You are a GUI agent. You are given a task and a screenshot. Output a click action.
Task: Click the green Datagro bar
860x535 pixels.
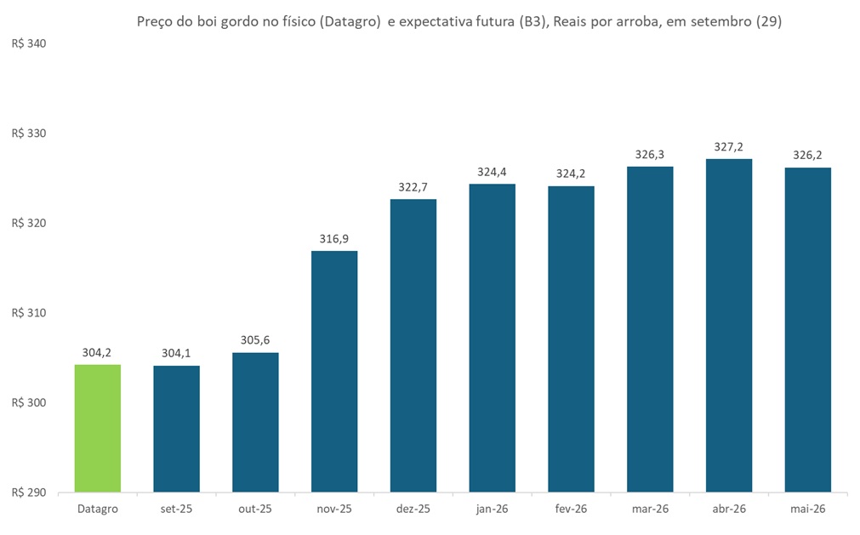tap(98, 428)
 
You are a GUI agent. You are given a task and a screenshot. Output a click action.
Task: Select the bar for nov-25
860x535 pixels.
tap(334, 371)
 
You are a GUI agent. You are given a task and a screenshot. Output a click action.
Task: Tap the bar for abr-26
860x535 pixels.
tap(729, 325)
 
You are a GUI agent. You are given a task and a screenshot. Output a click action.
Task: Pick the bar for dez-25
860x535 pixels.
tap(413, 345)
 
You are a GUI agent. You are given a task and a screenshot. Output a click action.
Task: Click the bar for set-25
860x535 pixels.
tap(176, 429)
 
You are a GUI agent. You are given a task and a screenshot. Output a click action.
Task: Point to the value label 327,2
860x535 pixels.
tap(729, 146)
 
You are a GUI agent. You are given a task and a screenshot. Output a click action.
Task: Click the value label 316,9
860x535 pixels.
tap(334, 239)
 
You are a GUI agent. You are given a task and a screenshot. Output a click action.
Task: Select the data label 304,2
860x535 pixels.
tap(98, 352)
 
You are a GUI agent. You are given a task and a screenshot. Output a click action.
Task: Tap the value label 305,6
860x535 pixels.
tap(255, 340)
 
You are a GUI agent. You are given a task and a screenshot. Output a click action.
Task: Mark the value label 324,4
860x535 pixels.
tap(493, 172)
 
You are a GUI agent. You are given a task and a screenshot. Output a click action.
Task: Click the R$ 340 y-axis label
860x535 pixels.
tap(28, 43)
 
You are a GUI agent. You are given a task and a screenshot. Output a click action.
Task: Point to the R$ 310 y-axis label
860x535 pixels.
tap(28, 313)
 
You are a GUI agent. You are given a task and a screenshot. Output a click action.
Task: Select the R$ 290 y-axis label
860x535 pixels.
tap(28, 492)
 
